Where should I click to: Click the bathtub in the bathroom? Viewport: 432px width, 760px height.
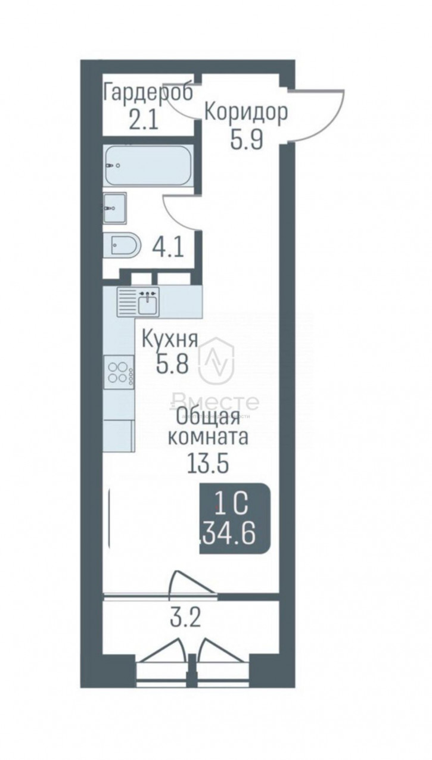[x=148, y=165]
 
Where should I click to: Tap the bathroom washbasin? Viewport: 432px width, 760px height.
[x=114, y=208]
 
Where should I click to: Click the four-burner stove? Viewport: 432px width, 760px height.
[x=119, y=372]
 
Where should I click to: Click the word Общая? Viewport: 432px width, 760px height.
[x=209, y=418]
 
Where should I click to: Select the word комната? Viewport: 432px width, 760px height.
[x=208, y=438]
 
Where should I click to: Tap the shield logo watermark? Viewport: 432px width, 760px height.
[x=216, y=359]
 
